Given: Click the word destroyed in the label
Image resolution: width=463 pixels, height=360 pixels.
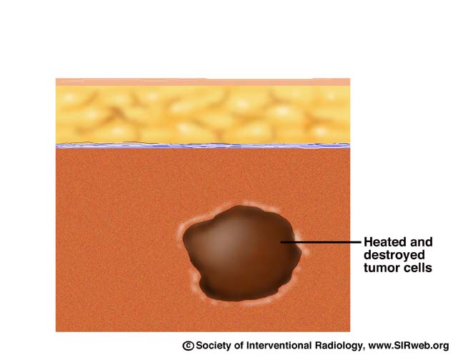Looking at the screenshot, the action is click(x=394, y=255).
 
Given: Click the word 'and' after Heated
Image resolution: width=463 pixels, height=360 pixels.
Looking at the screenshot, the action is click(x=420, y=242).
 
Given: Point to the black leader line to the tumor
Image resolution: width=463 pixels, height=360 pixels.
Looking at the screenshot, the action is click(x=321, y=242).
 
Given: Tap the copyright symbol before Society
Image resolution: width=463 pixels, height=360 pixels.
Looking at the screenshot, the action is click(x=188, y=346).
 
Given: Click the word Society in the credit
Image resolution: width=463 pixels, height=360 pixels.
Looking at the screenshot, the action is click(x=214, y=346).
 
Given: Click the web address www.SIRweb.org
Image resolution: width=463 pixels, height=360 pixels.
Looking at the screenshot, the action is click(x=409, y=346).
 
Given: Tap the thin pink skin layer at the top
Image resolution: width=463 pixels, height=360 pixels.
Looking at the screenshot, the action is click(x=203, y=82).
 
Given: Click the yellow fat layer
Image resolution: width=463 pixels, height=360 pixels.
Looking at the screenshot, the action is click(x=203, y=114).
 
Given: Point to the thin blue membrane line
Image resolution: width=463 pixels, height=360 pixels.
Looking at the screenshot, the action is click(x=203, y=146).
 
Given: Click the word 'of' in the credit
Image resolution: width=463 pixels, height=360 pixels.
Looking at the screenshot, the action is click(x=239, y=346).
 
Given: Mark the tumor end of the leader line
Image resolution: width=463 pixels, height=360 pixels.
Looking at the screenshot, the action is click(x=281, y=242).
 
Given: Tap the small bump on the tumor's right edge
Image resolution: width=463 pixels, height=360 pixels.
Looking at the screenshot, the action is click(x=299, y=253).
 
